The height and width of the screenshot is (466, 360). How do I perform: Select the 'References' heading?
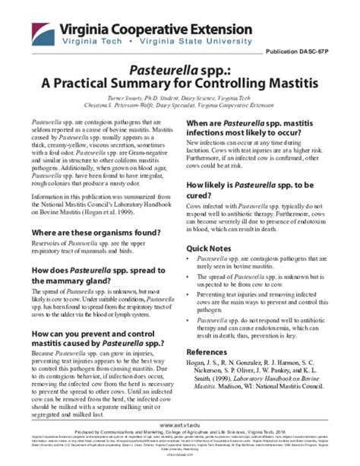click(x=212, y=352)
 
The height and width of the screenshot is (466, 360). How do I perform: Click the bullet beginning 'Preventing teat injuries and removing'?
click(x=265, y=301)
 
